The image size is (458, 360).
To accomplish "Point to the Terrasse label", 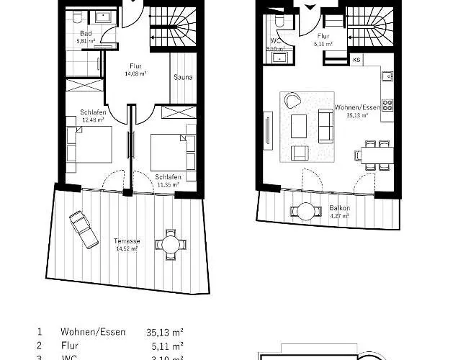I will click(x=126, y=240).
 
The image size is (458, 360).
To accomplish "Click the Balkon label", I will click(x=338, y=207).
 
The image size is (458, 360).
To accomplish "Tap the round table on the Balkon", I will click(x=306, y=211).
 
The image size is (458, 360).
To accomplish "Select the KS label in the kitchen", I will click(x=356, y=61).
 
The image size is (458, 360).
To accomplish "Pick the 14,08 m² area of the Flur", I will click(x=137, y=73).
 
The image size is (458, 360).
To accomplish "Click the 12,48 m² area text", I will click(x=92, y=120).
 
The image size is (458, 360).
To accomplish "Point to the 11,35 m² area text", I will click(x=167, y=184).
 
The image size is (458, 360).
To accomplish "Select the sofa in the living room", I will click(x=325, y=126).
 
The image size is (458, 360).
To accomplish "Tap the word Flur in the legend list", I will click(x=69, y=346).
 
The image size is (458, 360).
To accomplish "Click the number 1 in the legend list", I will click(x=39, y=333).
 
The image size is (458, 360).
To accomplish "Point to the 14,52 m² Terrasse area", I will click(x=126, y=248).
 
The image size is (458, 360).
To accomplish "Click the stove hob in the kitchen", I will click(x=387, y=106).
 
